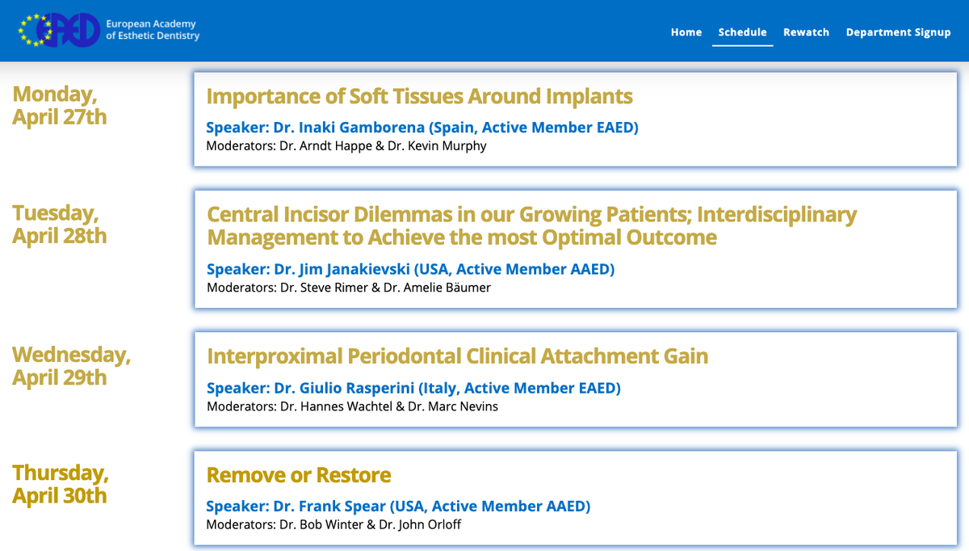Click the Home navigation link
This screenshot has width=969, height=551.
click(686, 32)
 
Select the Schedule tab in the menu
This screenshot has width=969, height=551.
click(742, 32)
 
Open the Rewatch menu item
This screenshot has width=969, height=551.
click(806, 32)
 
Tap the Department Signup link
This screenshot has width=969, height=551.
click(898, 32)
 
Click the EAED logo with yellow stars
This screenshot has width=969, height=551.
click(59, 30)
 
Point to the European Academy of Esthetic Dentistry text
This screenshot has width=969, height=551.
click(153, 29)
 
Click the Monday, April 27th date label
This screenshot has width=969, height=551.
click(59, 106)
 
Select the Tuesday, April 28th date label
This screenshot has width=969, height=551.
click(59, 225)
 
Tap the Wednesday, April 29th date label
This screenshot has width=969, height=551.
click(71, 366)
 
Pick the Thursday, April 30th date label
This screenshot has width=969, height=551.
click(60, 484)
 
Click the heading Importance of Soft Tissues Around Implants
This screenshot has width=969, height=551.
click(419, 96)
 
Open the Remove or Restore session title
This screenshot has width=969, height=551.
click(299, 475)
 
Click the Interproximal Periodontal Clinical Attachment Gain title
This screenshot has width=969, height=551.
click(457, 356)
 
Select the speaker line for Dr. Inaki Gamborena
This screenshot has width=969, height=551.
click(422, 128)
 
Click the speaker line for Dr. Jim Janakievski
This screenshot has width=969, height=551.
click(410, 269)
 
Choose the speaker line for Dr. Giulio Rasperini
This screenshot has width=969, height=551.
click(413, 388)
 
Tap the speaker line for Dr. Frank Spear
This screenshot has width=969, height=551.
click(398, 506)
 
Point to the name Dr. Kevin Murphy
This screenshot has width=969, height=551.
click(437, 146)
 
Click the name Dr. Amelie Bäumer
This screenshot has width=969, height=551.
click(437, 288)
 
